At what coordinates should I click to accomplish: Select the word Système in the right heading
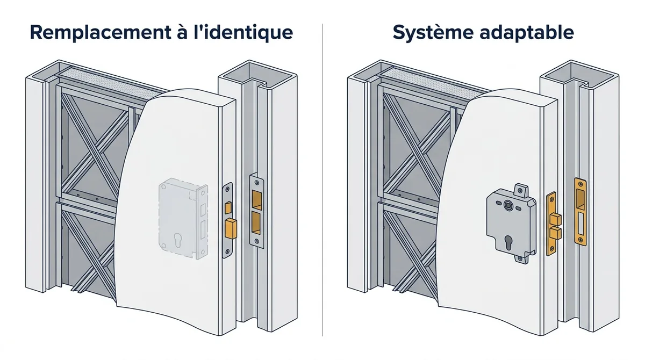click(x=433, y=33)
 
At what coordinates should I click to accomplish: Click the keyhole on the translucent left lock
click(x=177, y=240)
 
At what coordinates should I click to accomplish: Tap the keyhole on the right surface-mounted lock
click(x=508, y=242)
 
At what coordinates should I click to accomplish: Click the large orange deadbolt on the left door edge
click(x=231, y=228)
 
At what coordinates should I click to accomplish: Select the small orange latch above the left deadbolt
click(x=228, y=208)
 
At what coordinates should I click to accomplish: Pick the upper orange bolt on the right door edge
click(x=555, y=219)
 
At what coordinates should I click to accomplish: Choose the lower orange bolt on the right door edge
click(x=555, y=233)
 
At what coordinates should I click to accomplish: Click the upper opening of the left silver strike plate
click(x=257, y=200)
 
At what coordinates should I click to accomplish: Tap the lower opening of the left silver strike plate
click(x=256, y=223)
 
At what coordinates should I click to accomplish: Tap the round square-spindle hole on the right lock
click(x=507, y=205)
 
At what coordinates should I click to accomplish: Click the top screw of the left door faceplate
click(x=227, y=189)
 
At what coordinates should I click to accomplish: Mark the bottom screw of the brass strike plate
click(x=581, y=240)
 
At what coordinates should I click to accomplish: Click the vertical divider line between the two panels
click(x=322, y=180)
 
